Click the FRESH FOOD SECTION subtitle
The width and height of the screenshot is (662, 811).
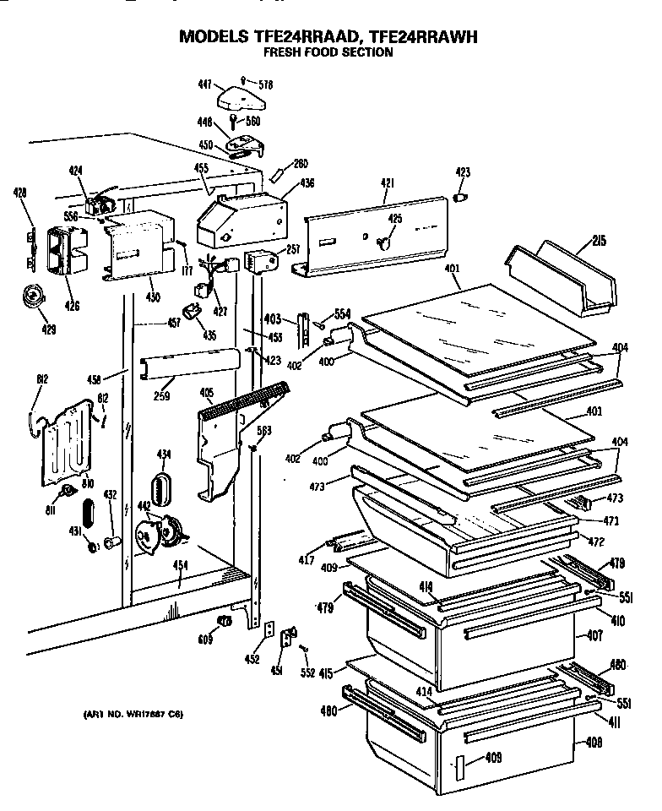point(328,52)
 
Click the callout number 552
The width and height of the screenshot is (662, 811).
point(308,673)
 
